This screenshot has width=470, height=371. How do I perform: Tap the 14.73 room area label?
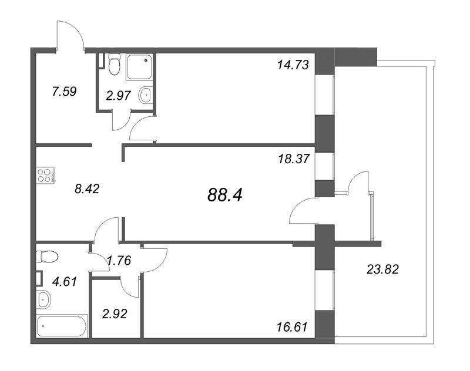pos(293,65)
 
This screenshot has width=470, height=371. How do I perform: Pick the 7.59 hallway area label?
pos(65,92)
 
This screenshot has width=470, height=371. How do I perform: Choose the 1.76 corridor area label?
pos(118,260)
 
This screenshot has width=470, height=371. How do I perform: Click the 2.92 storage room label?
pos(114,312)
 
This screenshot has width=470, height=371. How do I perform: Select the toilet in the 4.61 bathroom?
pos(46,257)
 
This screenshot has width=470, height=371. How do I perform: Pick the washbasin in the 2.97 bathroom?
pos(145,95)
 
